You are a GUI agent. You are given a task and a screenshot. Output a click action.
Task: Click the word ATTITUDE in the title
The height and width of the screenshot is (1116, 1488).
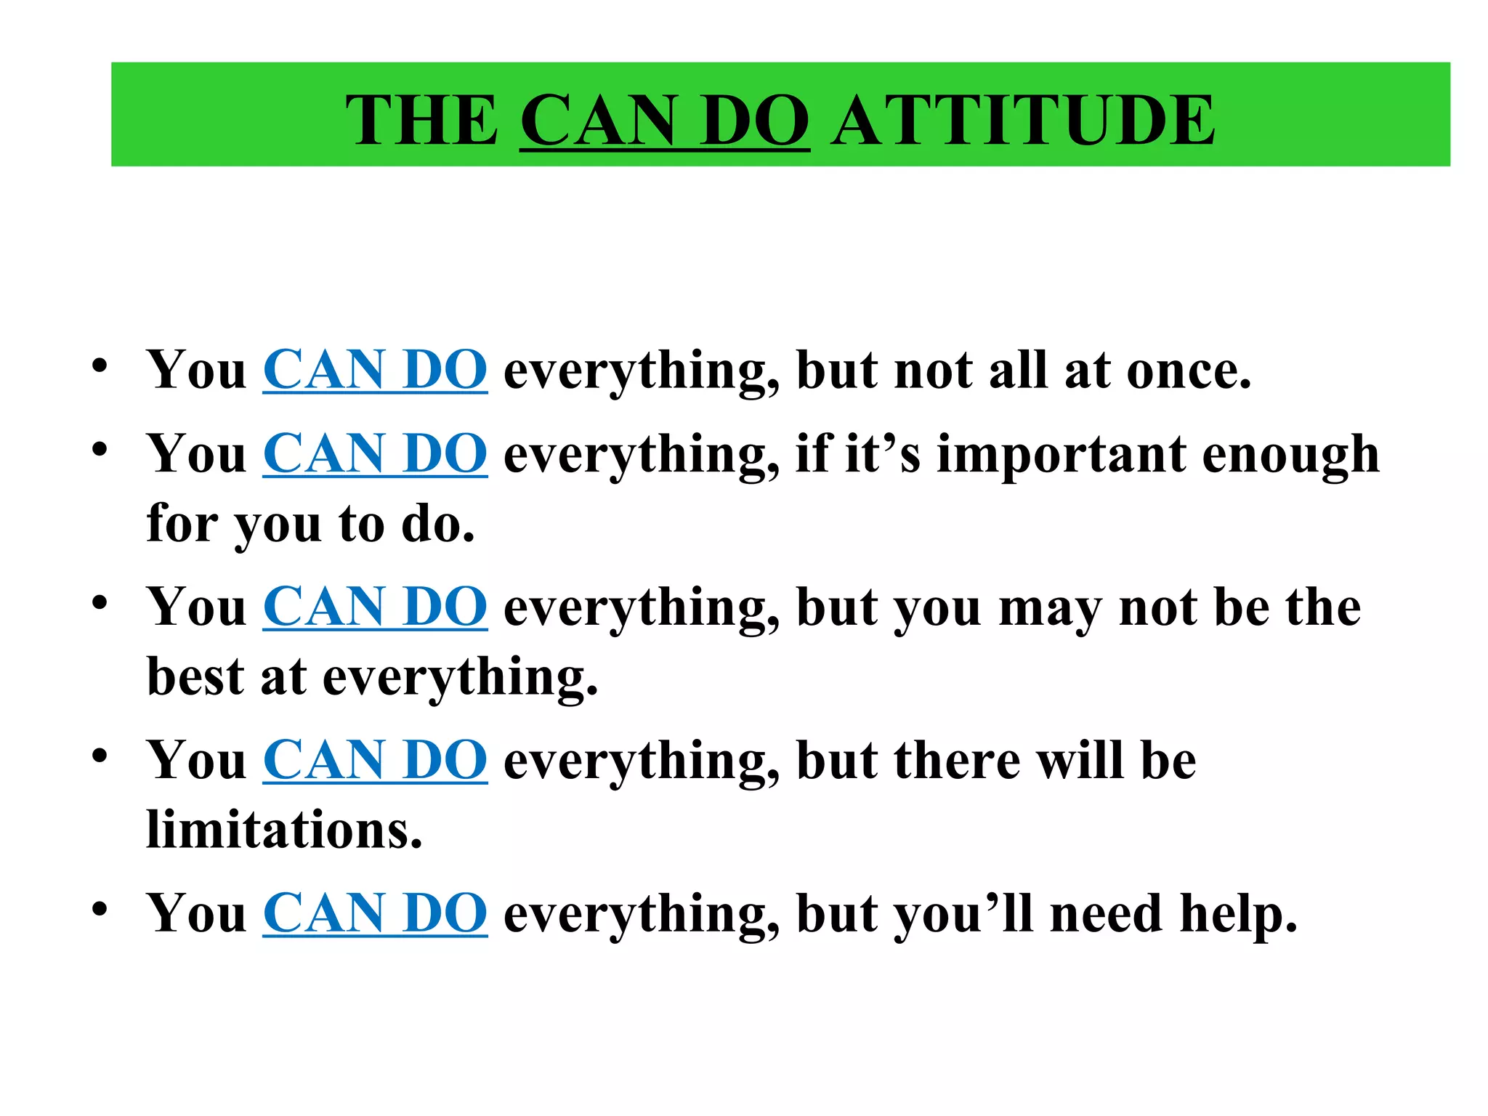1023,120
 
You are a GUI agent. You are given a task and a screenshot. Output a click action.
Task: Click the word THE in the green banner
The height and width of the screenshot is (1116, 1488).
421,120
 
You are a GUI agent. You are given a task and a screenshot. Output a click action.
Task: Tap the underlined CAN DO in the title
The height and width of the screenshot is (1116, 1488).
665,120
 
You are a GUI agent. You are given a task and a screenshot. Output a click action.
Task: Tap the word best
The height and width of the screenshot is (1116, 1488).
195,676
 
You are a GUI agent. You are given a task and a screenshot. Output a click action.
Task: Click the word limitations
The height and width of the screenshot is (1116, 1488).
284,830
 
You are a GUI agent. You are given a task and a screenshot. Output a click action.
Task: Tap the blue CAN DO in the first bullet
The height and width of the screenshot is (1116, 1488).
375,371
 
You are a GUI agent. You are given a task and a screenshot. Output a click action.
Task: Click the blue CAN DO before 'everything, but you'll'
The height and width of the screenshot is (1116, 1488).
375,913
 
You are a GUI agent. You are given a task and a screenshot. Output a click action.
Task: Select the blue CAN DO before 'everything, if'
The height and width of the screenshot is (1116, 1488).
375,454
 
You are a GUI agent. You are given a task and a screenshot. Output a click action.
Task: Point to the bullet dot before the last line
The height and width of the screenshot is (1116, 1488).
100,907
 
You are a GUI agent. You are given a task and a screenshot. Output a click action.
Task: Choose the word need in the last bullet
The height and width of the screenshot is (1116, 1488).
1106,914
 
